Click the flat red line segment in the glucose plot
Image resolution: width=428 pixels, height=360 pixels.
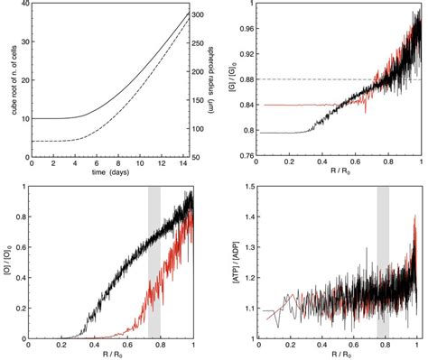(x=307, y=105)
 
